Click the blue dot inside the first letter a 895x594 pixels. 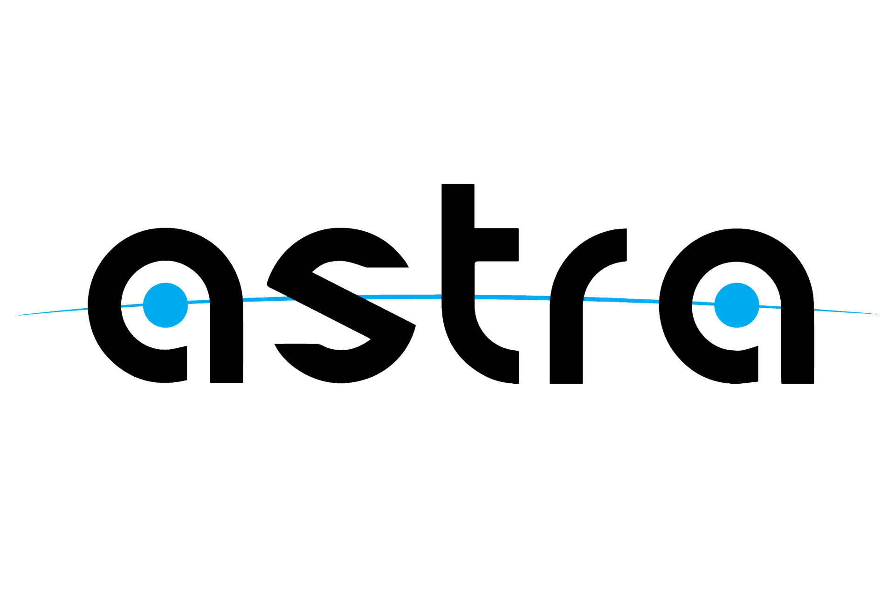[x=165, y=305]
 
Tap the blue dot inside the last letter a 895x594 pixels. [x=737, y=305]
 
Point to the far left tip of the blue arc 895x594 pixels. [x=15, y=316]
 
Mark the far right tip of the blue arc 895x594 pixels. [x=879, y=314]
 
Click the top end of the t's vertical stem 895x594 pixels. [x=458, y=185]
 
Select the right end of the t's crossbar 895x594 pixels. [x=518, y=245]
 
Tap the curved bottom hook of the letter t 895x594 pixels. [x=485, y=354]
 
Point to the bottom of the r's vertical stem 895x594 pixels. [x=566, y=383]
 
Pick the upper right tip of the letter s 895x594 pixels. [x=407, y=266]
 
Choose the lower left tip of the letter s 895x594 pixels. [x=275, y=345]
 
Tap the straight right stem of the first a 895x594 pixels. [x=227, y=343]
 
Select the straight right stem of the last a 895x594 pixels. [x=798, y=343]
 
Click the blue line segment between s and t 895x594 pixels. [x=399, y=296]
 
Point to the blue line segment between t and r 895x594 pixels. [x=513, y=297]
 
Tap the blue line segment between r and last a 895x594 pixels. [x=622, y=300]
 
